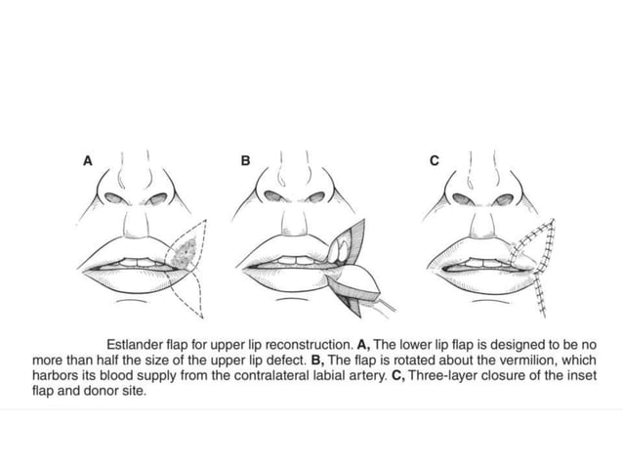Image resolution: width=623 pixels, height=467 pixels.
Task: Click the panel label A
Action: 87,162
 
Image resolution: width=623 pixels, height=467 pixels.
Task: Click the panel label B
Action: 246,162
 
